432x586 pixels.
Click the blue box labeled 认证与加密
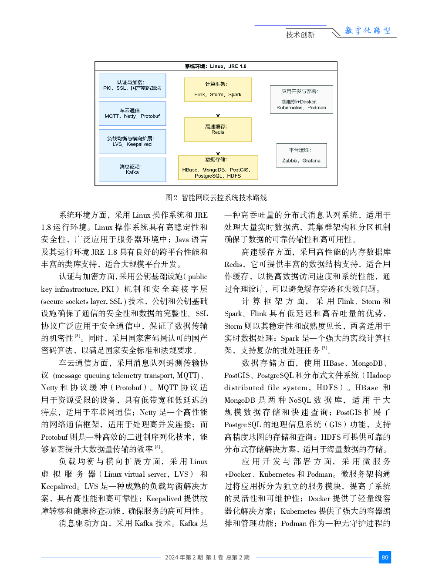point(132,85)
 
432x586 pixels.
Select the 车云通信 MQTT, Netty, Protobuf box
point(132,114)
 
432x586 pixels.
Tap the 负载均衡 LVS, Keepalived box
point(132,141)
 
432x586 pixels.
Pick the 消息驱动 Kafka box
point(132,169)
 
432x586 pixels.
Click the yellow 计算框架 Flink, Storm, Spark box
point(218,89)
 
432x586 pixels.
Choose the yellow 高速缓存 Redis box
point(218,129)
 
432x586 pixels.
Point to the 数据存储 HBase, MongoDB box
point(218,168)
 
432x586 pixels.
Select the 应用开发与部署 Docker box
point(301,100)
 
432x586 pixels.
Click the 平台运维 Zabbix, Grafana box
point(301,155)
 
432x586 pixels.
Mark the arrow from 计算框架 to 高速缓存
point(218,109)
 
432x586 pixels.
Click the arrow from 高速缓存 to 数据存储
point(218,148)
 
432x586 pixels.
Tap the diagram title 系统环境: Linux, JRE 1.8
point(216,66)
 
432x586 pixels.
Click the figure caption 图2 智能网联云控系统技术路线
point(216,198)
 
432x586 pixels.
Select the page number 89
point(385,557)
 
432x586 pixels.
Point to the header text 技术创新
point(300,35)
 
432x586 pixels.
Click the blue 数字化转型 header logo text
point(368,30)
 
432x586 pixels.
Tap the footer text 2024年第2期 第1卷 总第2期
point(207,557)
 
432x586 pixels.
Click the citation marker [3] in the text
point(78,336)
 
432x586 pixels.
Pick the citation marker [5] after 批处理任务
point(325,348)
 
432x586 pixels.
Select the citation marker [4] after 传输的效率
point(158,447)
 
